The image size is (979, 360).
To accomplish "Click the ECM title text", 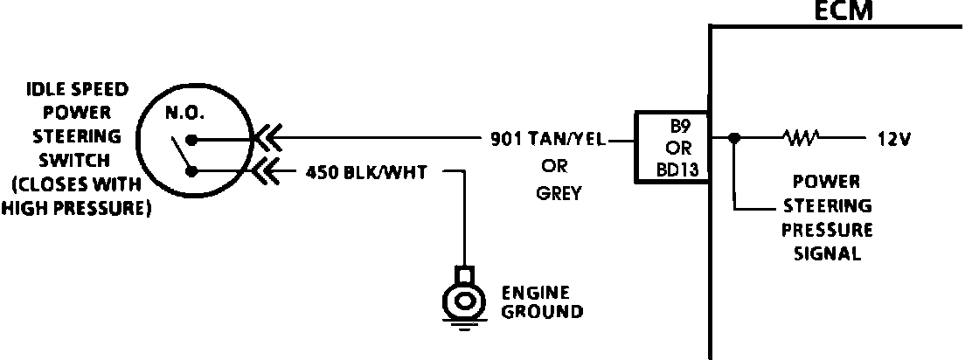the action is pyautogui.click(x=844, y=11).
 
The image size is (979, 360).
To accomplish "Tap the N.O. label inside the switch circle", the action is pyautogui.click(x=184, y=114).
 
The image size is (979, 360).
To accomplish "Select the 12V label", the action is pyautogui.click(x=895, y=139).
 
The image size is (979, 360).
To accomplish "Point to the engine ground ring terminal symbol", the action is pyautogui.click(x=463, y=299).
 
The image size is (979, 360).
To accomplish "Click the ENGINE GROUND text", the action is pyautogui.click(x=542, y=302).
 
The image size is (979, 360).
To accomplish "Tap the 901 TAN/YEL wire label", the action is pyautogui.click(x=548, y=140).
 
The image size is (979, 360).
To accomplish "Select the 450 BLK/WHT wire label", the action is pyautogui.click(x=366, y=172).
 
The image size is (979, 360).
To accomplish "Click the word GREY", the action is pyautogui.click(x=559, y=194).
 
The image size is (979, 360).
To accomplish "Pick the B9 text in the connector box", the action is pyautogui.click(x=678, y=127).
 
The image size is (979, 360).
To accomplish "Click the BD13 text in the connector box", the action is pyautogui.click(x=677, y=170).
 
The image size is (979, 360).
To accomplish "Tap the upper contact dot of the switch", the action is pyautogui.click(x=192, y=140).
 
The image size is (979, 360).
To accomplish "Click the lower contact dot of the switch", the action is pyautogui.click(x=192, y=171).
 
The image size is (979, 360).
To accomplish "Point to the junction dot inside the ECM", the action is pyautogui.click(x=735, y=137).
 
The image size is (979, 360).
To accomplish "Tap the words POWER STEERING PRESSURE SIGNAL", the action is pyautogui.click(x=827, y=218).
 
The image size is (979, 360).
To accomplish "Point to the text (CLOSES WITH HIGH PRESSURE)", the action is pyautogui.click(x=76, y=197).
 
